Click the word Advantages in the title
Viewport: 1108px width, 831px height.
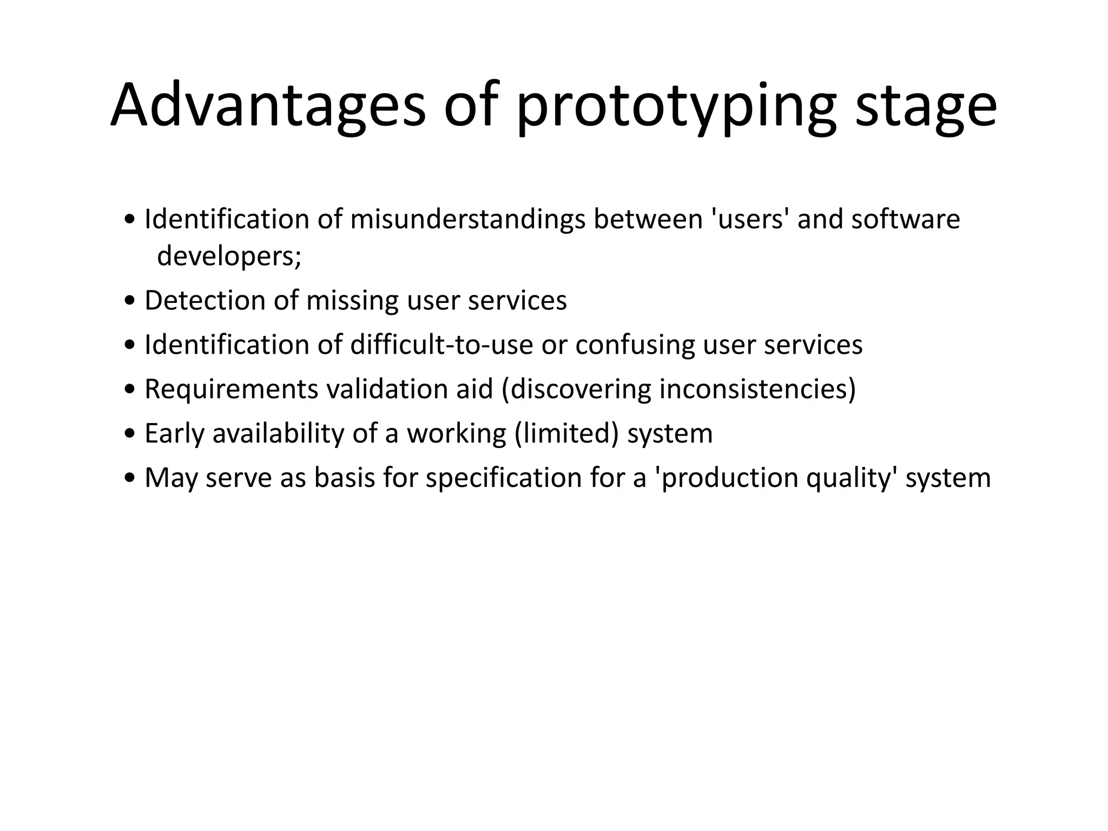pyautogui.click(x=268, y=105)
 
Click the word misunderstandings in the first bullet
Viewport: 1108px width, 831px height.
pyautogui.click(x=467, y=220)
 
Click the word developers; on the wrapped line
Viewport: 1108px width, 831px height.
pyautogui.click(x=229, y=256)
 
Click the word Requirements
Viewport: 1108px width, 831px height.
pyautogui.click(x=232, y=389)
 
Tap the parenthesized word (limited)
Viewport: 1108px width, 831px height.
pyautogui.click(x=566, y=433)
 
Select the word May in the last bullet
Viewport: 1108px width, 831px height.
pyautogui.click(x=170, y=478)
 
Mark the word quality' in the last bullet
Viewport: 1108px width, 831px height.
pyautogui.click(x=850, y=478)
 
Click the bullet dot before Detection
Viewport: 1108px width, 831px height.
pyautogui.click(x=129, y=301)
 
